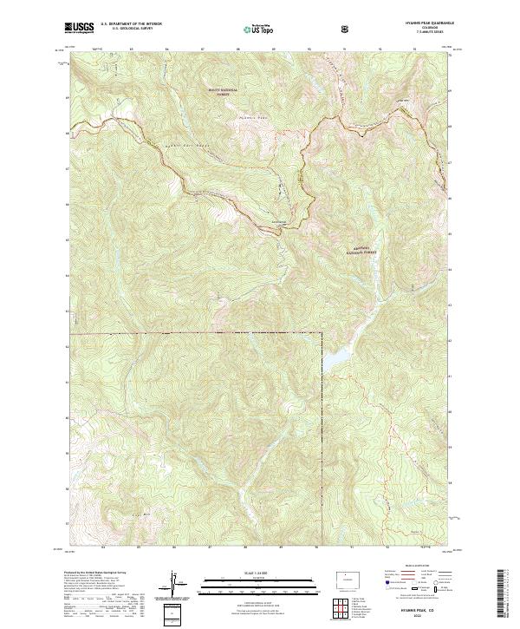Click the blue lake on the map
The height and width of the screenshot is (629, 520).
coord(339,357)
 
